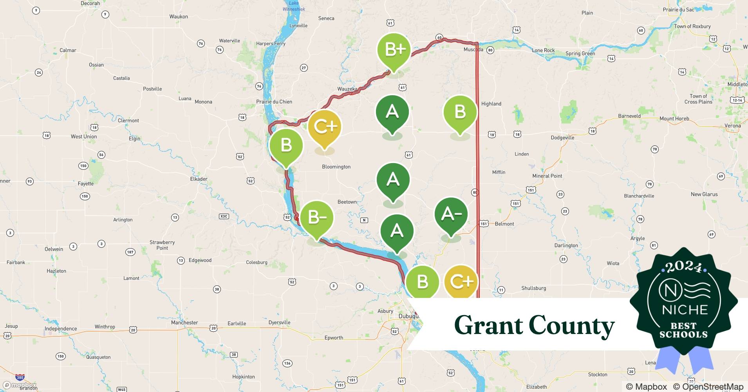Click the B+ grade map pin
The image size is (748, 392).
click(x=394, y=50)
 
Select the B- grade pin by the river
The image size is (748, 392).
click(x=317, y=217)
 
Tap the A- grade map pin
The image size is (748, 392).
click(x=451, y=214)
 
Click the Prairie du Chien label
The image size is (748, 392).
click(x=274, y=102)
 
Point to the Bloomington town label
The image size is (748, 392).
click(x=336, y=167)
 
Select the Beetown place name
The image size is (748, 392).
click(x=347, y=202)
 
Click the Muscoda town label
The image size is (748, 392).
click(x=473, y=49)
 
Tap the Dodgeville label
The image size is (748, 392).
click(x=562, y=138)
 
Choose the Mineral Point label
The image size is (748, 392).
click(x=547, y=176)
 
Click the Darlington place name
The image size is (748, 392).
click(x=566, y=245)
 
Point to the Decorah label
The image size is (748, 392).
click(x=90, y=3)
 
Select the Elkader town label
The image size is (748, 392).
click(x=199, y=179)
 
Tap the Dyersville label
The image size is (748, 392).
click(x=279, y=323)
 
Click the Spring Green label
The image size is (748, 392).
click(x=580, y=54)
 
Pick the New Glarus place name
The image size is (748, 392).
click(x=704, y=194)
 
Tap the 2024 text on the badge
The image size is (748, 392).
click(x=683, y=267)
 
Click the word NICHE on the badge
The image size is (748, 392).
click(x=685, y=310)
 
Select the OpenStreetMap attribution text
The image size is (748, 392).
click(x=708, y=387)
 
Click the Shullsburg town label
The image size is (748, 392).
click(x=533, y=288)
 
